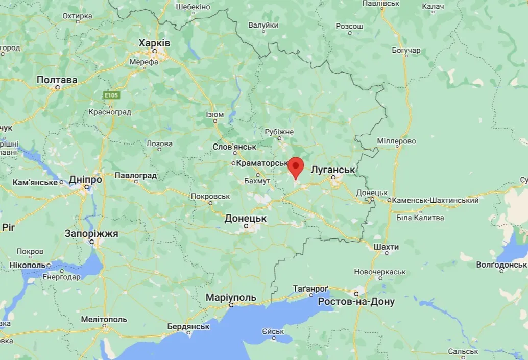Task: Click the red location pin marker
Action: [x=296, y=167]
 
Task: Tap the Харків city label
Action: [x=154, y=43]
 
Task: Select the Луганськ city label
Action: [x=332, y=169]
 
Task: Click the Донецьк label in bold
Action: [x=246, y=218]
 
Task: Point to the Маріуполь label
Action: [x=231, y=297]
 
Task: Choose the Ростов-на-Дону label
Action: [x=356, y=301]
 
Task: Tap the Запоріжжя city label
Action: [x=91, y=233]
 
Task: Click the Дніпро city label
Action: [x=85, y=180]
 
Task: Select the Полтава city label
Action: [x=57, y=80]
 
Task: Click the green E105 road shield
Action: [x=111, y=95]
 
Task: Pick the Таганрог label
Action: [x=310, y=289]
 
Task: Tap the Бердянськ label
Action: [x=188, y=326]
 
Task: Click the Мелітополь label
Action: [x=104, y=319]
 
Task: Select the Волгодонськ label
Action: [x=501, y=265]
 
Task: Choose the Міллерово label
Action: [x=396, y=141]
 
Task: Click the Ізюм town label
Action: [x=214, y=114]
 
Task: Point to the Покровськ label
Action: [x=210, y=196]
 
